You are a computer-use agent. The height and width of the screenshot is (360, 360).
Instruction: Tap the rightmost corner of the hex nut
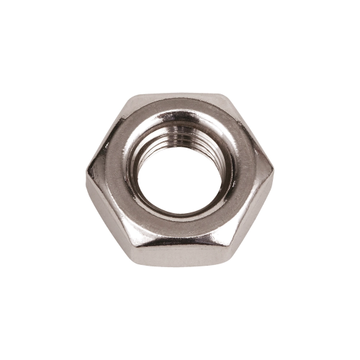click(x=274, y=171)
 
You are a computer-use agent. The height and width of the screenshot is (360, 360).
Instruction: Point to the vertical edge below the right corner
click(x=273, y=189)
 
